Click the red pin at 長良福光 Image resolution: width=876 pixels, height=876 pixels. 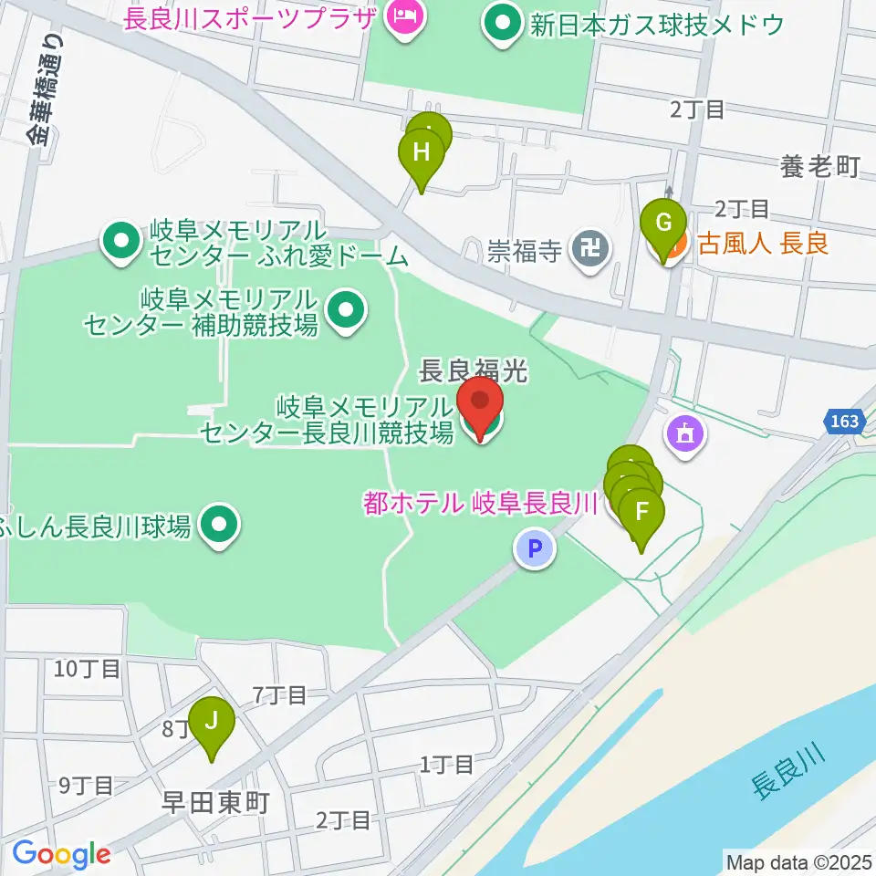coord(479,401)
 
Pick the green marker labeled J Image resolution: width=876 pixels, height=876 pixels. coord(212,723)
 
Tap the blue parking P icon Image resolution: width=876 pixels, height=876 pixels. coord(535,549)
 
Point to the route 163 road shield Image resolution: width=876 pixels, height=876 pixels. coord(845,421)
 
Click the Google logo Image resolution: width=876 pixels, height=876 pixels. coord(61,854)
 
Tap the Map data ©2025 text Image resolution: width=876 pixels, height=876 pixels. coord(798,860)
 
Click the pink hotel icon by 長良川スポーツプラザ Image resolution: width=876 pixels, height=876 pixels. coord(401,16)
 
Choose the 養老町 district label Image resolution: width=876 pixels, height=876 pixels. coord(820,166)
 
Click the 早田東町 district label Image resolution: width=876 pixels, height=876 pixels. coord(215,802)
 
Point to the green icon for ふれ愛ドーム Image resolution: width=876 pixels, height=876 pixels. coord(120,243)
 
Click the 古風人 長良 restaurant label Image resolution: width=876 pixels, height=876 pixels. coord(763,245)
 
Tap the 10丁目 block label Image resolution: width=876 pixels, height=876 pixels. coord(87,669)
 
